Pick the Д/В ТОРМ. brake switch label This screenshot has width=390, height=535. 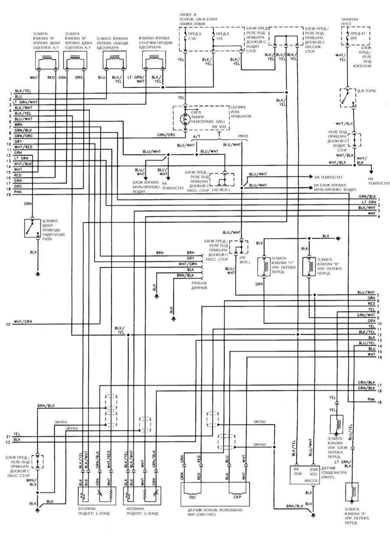point(366,91)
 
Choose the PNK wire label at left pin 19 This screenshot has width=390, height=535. point(18,192)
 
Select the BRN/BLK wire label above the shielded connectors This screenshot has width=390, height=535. point(45,405)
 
